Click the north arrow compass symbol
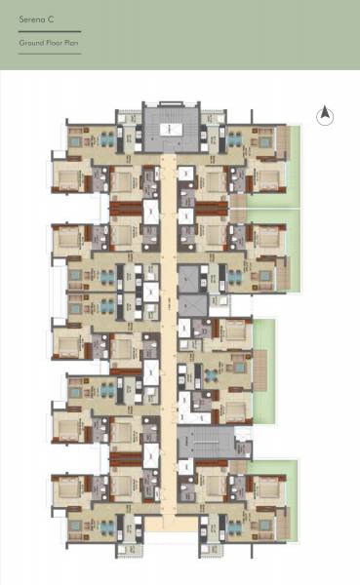click(325, 115)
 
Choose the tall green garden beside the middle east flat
click(264, 369)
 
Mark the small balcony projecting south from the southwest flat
click(131, 548)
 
